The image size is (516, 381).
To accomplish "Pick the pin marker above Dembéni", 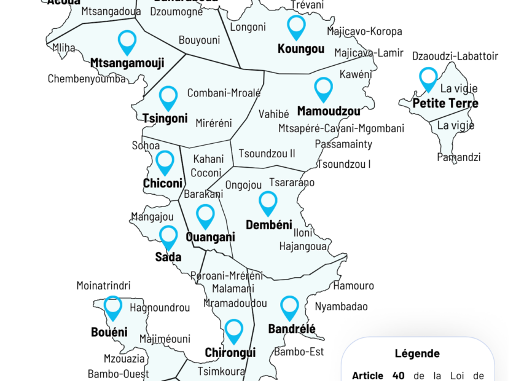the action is [x=268, y=203].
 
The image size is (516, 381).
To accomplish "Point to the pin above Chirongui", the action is [x=233, y=331].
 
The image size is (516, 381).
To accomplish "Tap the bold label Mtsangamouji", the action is [x=127, y=63].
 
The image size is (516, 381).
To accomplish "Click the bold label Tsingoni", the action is [x=165, y=119].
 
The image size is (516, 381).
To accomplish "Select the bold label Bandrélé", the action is [x=292, y=329].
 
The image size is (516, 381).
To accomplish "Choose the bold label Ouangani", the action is [x=210, y=237].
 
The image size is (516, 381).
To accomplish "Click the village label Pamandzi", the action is [x=458, y=157].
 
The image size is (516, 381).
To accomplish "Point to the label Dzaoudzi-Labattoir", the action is [x=455, y=57].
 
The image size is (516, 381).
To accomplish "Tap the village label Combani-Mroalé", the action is [x=224, y=93].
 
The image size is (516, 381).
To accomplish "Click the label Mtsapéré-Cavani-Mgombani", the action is [x=341, y=128].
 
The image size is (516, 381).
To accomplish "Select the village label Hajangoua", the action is [x=303, y=246].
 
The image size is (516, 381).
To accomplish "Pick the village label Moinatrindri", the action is [x=103, y=286].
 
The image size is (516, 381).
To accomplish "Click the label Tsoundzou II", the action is [x=267, y=153].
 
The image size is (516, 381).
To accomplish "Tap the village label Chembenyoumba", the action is [x=87, y=79].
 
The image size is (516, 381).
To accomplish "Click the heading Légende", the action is [x=417, y=353].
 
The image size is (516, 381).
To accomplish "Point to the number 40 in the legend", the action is [x=398, y=375].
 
